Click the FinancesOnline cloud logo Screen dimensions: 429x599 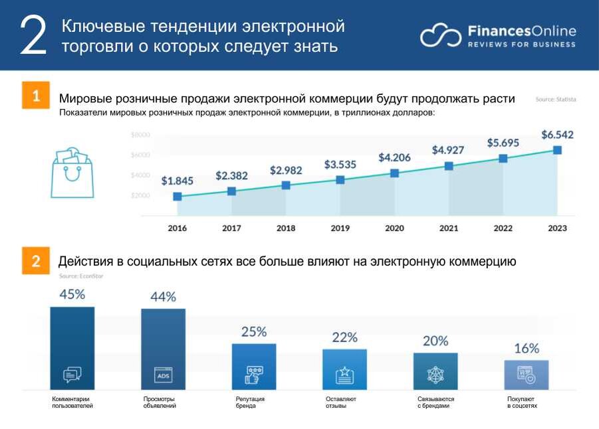click(440, 36)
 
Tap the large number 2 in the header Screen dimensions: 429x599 click(34, 36)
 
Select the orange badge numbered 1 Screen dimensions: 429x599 click(36, 95)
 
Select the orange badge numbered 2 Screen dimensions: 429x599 click(36, 261)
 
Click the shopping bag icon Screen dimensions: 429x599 click(72, 172)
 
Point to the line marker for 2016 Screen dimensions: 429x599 click(178, 197)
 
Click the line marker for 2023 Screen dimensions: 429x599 click(557, 150)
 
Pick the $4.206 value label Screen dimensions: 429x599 click(395, 158)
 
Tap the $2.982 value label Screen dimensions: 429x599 click(286, 171)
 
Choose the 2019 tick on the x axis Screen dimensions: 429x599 click(340, 228)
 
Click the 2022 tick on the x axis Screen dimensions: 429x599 click(503, 228)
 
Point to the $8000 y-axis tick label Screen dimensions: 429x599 click(140, 135)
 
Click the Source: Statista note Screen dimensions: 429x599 click(556, 100)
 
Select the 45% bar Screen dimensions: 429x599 click(72, 348)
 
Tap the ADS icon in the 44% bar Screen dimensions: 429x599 click(163, 375)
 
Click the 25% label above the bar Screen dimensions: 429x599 click(254, 331)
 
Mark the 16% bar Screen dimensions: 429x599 click(526, 375)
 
